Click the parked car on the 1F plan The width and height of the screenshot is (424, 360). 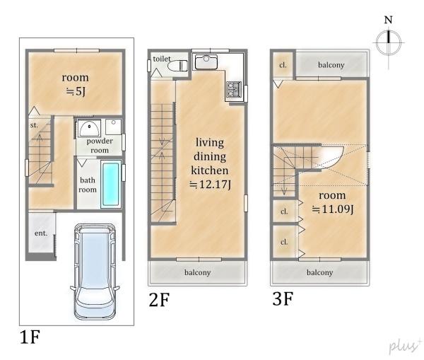point(95,272)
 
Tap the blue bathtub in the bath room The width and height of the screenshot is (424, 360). point(111,184)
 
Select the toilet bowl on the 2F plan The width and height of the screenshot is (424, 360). point(177,66)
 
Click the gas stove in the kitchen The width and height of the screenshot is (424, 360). point(234,89)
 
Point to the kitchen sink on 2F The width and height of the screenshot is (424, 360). point(206,62)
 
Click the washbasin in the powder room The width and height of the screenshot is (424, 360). point(89,128)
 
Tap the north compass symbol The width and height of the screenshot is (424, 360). point(389,42)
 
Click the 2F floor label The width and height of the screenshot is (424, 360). point(159,300)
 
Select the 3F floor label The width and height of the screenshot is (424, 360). point(283,299)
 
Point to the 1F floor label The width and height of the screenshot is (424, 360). point(30,337)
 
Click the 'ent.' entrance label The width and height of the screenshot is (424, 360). point(41,233)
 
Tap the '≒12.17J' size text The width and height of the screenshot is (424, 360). point(210,185)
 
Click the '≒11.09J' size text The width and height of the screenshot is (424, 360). point(333,209)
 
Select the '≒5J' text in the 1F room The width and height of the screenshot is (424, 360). point(76,91)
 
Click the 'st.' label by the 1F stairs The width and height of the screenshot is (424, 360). point(34,125)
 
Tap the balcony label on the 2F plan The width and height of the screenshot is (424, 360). point(197,272)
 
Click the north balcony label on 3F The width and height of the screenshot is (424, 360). point(331,65)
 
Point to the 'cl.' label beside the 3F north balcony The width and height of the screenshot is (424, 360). point(283,65)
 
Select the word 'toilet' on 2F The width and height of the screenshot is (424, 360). point(162,59)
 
